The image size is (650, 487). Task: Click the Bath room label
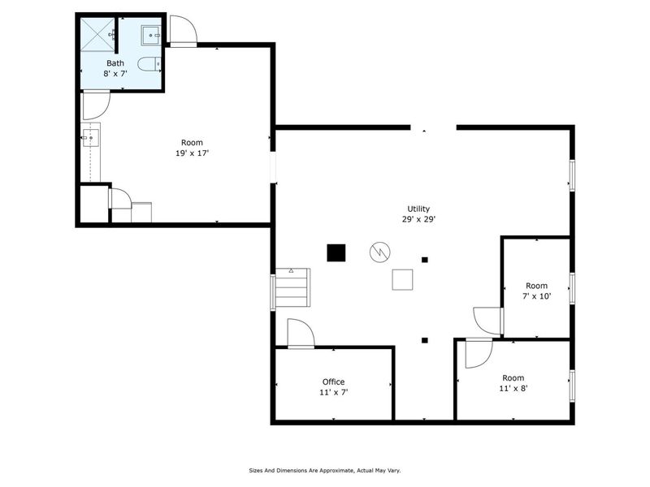115,63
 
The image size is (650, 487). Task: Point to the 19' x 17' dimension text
192,153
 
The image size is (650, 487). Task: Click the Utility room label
418,209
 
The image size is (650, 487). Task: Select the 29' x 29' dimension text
418,220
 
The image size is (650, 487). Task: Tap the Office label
333,381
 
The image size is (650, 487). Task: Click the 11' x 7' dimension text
333,392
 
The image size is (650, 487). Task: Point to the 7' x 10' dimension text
537,296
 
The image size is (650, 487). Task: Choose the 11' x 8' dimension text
513,389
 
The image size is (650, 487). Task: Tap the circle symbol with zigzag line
379,252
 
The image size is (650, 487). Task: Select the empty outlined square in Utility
403,279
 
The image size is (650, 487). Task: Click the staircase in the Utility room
293,287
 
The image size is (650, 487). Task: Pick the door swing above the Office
300,333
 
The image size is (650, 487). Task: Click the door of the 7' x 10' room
488,321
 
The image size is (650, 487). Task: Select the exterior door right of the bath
183,30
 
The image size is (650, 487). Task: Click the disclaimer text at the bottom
324,470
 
